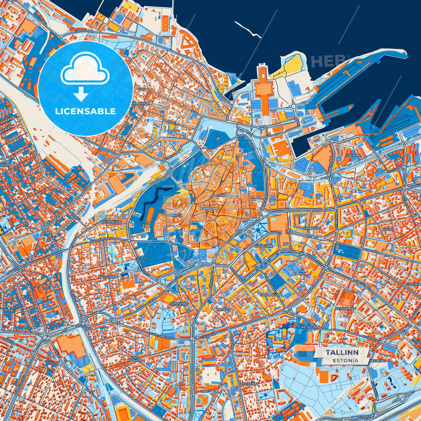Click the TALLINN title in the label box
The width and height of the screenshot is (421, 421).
(342, 352)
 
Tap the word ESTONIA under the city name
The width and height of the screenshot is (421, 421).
(346, 360)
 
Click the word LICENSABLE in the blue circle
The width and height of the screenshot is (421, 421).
(85, 111)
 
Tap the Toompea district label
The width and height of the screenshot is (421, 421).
(173, 216)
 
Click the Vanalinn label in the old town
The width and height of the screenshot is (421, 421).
(209, 209)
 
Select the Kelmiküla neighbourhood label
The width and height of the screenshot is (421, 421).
(111, 222)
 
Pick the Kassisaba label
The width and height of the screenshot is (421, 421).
(108, 277)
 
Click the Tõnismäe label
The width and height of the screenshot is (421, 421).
(179, 303)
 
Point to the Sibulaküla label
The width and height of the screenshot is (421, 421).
(271, 295)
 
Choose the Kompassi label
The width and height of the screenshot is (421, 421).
(312, 228)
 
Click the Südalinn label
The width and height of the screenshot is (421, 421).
(263, 246)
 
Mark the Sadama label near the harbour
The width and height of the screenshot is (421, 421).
(353, 155)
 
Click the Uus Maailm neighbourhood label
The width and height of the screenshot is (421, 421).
(135, 359)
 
